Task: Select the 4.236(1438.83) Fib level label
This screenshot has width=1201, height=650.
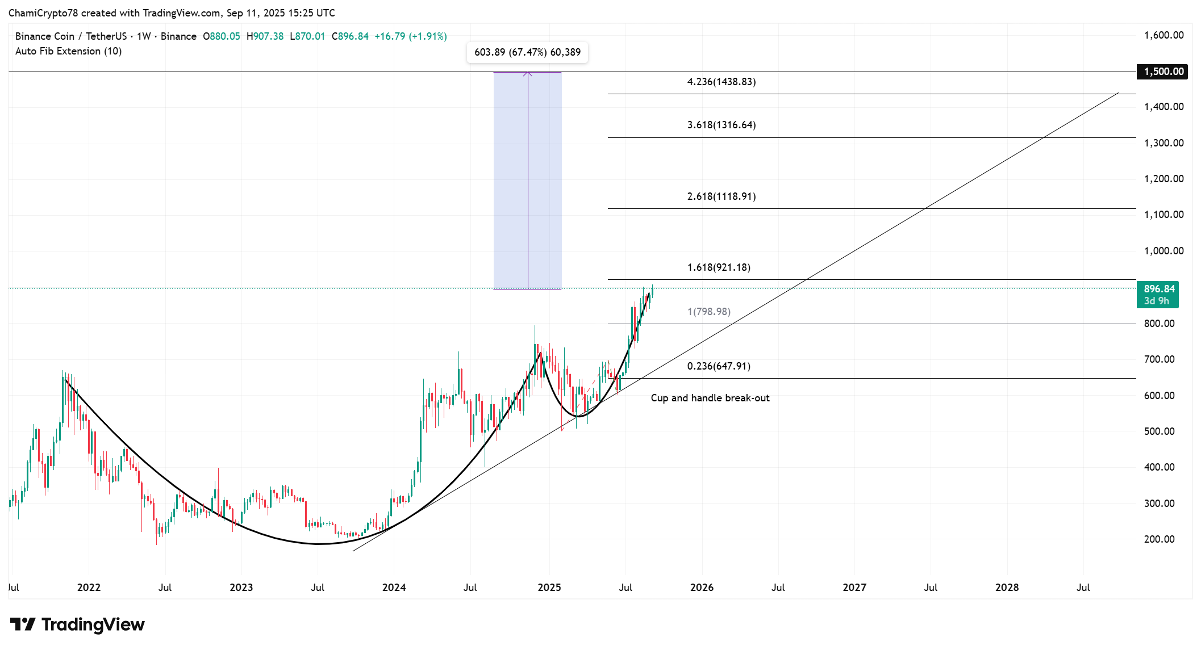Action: coord(721,82)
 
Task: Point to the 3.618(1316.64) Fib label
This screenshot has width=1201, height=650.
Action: coord(721,125)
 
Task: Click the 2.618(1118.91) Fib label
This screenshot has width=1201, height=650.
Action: coord(721,196)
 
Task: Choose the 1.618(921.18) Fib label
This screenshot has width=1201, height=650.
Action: coord(718,267)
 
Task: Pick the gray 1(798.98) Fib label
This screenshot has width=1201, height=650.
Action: coord(708,312)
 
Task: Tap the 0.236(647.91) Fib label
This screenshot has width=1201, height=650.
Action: coord(718,366)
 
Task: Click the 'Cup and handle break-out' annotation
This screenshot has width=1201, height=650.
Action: coord(710,398)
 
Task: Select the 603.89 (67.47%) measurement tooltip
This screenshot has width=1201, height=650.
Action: coord(527,52)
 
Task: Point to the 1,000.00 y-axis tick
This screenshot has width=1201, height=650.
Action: coord(1164,251)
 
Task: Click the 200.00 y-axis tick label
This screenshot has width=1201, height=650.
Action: coord(1159,539)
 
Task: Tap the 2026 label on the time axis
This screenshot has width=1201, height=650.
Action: coord(702,588)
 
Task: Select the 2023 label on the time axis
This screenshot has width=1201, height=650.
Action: coord(241,588)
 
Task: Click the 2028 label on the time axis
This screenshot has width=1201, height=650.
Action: coord(1007,588)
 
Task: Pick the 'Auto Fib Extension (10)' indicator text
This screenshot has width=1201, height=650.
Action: coord(68,51)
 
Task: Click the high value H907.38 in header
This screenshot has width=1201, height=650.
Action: coord(265,36)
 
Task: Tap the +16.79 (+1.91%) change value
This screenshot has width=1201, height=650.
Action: coord(410,36)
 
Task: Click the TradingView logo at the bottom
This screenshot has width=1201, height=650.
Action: coord(77,624)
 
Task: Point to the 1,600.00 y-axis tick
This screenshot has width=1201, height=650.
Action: coord(1164,35)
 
